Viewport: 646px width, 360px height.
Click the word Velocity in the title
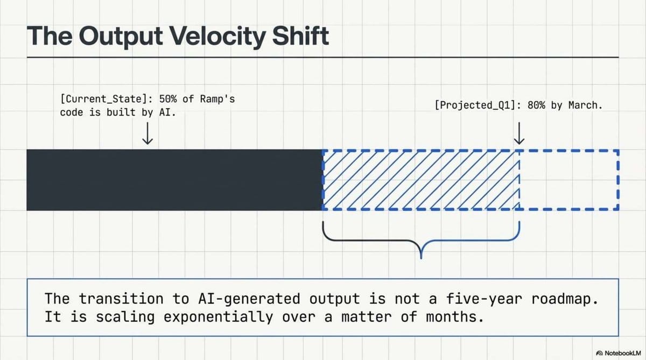[x=217, y=37]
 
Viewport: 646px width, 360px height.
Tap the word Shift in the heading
[x=300, y=36]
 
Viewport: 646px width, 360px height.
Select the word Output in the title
[x=121, y=37]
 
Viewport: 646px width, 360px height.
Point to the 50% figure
[x=168, y=99]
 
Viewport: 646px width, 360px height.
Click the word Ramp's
[x=217, y=99]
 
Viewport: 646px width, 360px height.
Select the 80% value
[x=536, y=105]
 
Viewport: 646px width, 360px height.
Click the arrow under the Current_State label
[x=148, y=133]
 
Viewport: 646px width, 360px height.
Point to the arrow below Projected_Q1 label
[x=519, y=133]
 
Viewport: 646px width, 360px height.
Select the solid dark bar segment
[x=174, y=180]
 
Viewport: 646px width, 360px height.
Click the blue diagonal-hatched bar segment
[x=421, y=180]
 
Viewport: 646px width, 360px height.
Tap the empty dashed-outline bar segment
[x=569, y=180]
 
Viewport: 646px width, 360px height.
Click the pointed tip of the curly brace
[x=422, y=258]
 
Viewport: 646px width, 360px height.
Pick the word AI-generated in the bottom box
[x=249, y=299]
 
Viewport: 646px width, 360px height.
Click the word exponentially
[x=218, y=317]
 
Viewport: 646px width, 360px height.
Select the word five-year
[x=484, y=299]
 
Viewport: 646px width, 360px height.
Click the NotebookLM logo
[x=619, y=353]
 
